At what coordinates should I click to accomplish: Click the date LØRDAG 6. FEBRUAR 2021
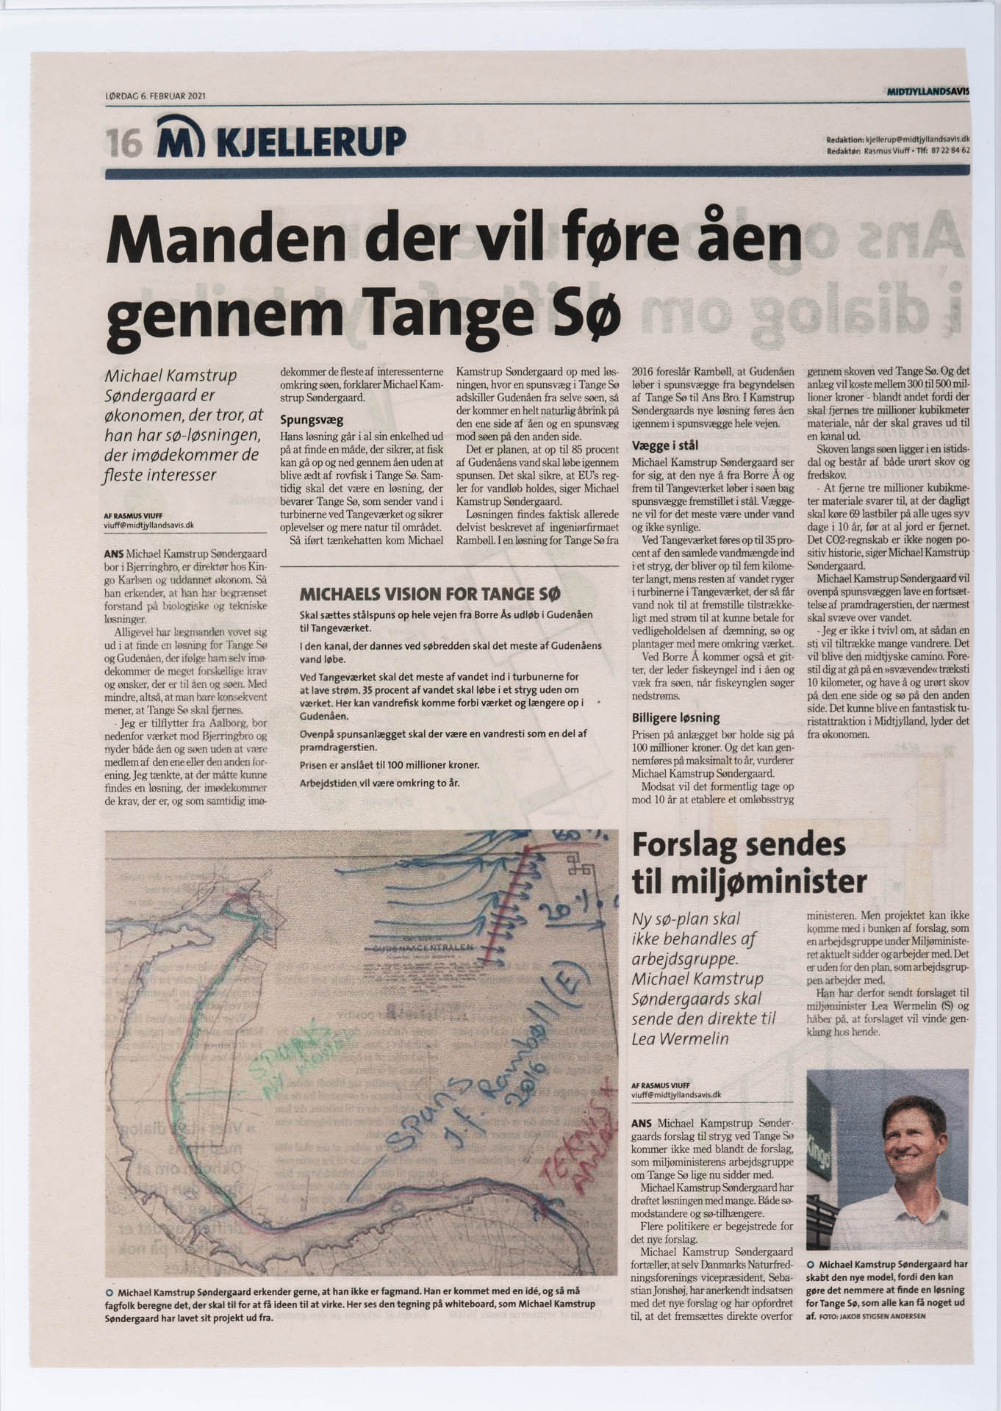coord(155,95)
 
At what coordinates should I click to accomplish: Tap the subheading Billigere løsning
coord(675,717)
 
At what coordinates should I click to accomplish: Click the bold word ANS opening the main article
coord(115,553)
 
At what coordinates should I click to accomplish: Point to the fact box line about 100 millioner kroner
coord(390,765)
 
